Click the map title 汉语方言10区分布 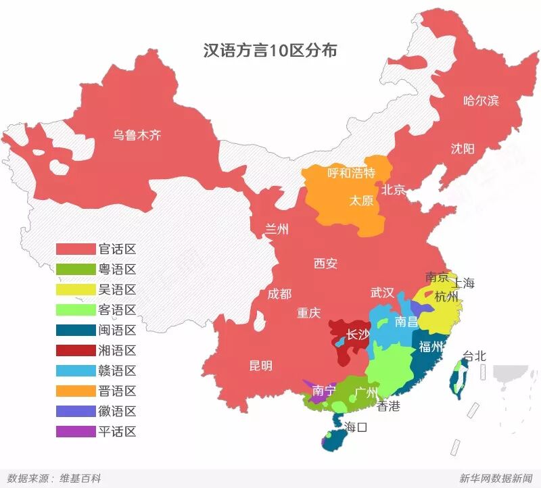[270, 50]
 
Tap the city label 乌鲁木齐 [137, 135]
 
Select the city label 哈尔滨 [481, 101]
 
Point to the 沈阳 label [463, 149]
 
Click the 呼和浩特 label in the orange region [351, 173]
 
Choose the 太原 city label [361, 201]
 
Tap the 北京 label [393, 189]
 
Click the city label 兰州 [277, 230]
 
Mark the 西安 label [325, 264]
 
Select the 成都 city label [279, 293]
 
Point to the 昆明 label [261, 366]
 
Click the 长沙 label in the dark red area [358, 334]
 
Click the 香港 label [388, 406]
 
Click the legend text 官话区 [117, 249]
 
